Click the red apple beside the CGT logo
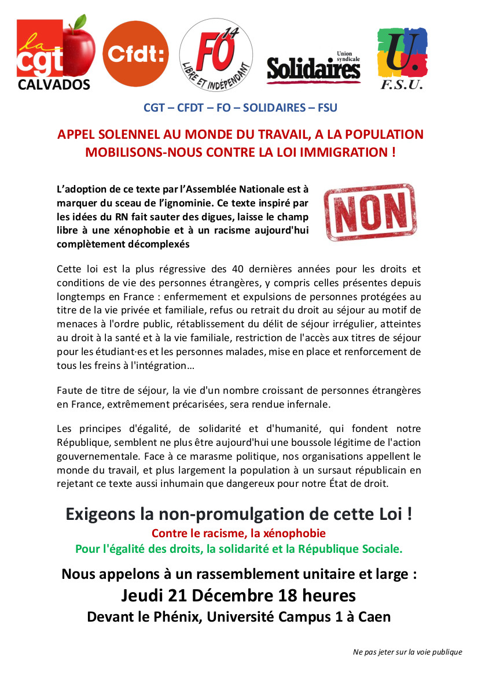pos(79,50)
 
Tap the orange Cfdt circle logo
pos(136,53)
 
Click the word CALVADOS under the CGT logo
pos(54,85)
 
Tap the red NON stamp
pos(369,212)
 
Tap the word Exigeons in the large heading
pos(100,514)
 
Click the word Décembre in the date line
pos(237,595)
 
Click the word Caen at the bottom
pos(374,616)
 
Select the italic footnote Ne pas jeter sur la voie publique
pos(407,652)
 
